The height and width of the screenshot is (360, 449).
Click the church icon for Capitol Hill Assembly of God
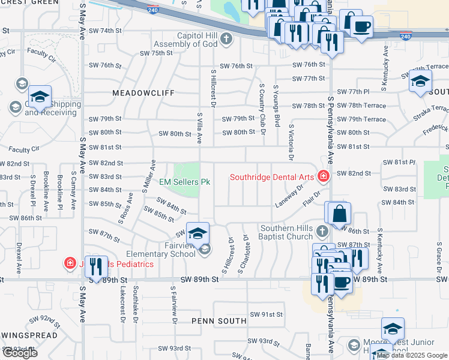(x=226, y=40)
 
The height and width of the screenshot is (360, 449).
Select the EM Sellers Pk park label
(x=184, y=181)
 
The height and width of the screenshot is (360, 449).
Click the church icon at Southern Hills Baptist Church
(x=322, y=231)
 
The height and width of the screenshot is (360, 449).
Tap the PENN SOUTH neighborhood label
(x=218, y=321)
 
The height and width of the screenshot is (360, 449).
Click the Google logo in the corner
(x=20, y=353)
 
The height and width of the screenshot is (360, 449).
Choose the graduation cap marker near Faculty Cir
(x=40, y=96)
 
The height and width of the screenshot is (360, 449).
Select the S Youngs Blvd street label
(x=277, y=105)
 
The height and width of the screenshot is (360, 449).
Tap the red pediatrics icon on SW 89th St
(x=70, y=263)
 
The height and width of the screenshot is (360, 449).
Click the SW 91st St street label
(x=266, y=314)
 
